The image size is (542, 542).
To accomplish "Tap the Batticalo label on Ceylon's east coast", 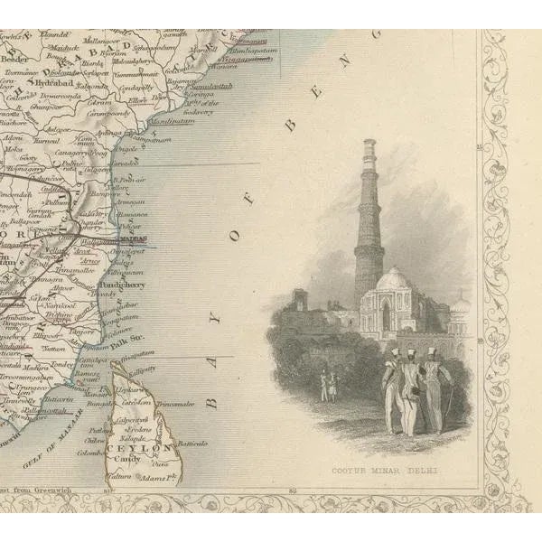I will pyautogui.click(x=192, y=444).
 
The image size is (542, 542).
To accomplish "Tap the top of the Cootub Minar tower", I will pyautogui.click(x=369, y=144).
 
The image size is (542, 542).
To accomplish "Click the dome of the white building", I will pyautogui.click(x=393, y=280).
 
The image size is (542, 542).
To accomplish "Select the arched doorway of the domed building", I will pyautogui.click(x=386, y=317).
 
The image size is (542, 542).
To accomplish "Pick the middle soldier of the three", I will pyautogui.click(x=411, y=388).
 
